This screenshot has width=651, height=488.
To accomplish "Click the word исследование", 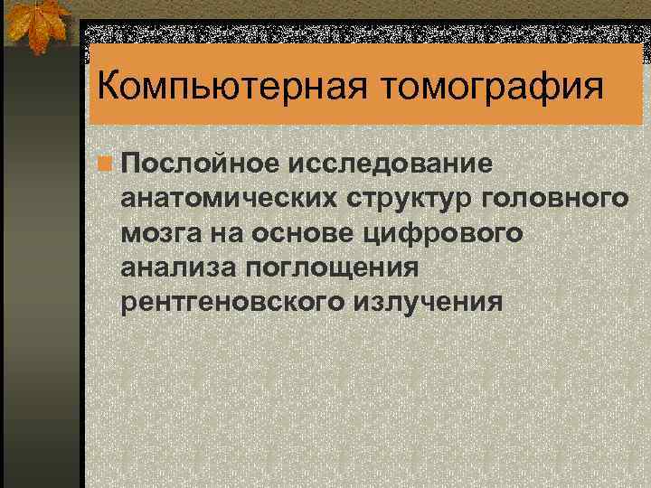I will [392, 164].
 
